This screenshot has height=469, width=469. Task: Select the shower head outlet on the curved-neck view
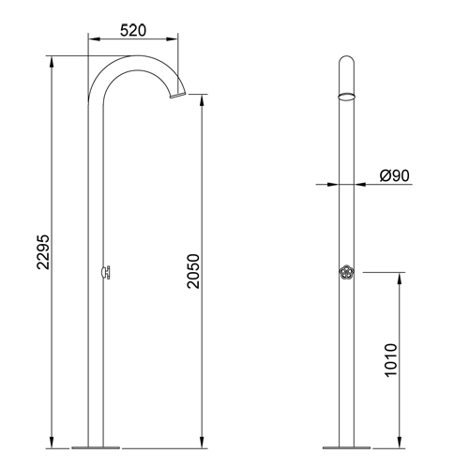175,93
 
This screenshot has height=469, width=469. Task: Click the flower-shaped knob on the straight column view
346,272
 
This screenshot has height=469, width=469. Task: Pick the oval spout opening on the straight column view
346,96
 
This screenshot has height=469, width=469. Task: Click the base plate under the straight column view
346,446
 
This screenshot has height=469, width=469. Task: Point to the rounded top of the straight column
346,61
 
